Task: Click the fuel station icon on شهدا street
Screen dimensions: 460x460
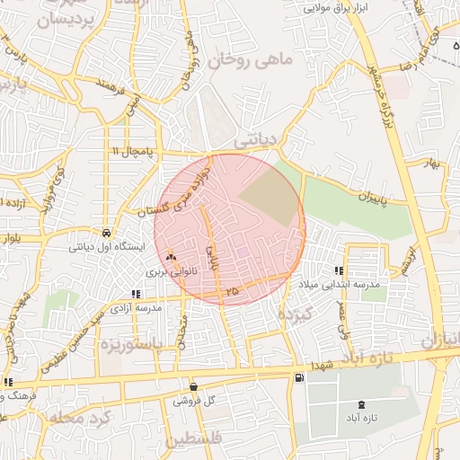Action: point(298,378)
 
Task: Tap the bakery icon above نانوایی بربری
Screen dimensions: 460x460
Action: point(171,257)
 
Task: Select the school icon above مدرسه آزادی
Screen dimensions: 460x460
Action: point(136,294)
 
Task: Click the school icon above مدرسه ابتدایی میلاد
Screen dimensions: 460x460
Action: point(339,270)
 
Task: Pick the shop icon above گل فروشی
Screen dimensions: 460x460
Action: point(194,387)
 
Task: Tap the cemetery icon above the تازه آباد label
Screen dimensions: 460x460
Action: point(362,405)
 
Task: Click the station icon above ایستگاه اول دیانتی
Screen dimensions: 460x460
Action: point(107,230)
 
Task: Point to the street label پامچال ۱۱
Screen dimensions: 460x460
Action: point(128,150)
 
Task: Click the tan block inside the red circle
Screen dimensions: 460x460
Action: point(270,197)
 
